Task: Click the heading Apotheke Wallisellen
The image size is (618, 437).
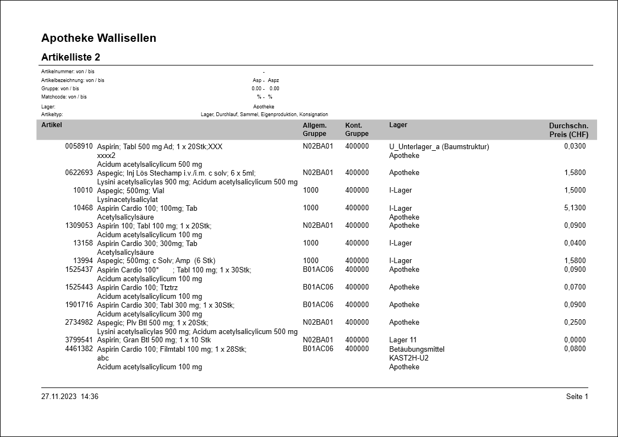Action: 99,38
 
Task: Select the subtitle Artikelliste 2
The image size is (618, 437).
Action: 70,57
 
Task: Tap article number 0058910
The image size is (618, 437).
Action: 79,146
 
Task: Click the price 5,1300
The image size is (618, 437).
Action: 575,208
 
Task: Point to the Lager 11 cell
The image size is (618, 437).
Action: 403,340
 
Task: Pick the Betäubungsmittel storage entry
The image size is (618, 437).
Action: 417,349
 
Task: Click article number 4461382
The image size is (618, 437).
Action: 79,349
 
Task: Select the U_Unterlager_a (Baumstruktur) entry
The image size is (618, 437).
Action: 439,146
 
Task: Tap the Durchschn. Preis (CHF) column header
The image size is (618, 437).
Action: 568,130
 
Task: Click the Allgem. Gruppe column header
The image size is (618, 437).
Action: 315,129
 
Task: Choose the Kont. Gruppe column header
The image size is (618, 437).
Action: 357,129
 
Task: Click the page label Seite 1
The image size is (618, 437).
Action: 577,397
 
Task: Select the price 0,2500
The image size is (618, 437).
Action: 575,323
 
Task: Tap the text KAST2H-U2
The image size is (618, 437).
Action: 408,358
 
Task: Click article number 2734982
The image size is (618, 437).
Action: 79,323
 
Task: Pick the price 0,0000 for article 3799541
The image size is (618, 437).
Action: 575,340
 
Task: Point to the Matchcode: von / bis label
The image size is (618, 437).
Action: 64,97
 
